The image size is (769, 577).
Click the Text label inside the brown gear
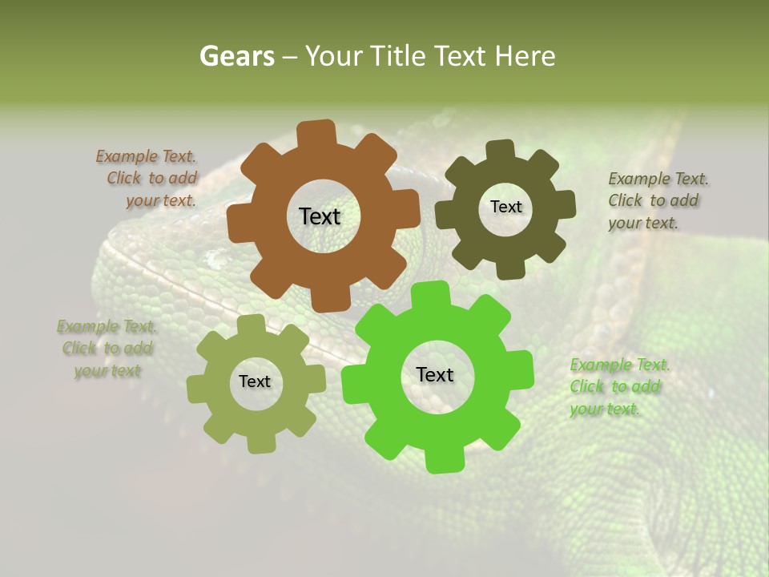(320, 216)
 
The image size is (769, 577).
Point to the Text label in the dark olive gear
(505, 207)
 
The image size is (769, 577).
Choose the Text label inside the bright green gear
(435, 374)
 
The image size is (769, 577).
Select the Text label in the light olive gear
(255, 381)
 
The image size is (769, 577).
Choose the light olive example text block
(107, 349)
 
